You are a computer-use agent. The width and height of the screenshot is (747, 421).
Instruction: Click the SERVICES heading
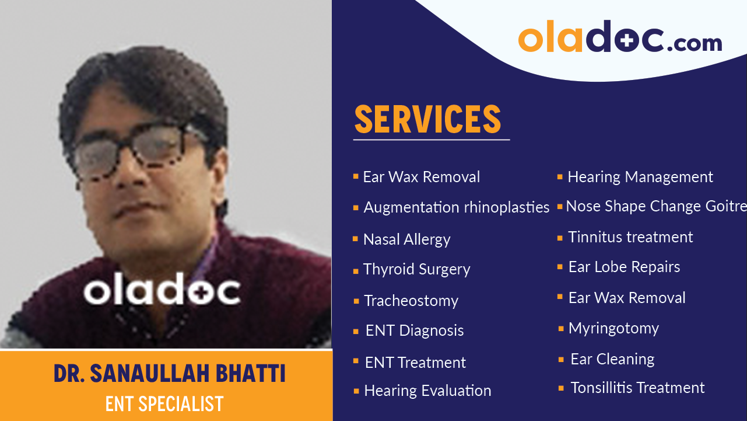(x=427, y=119)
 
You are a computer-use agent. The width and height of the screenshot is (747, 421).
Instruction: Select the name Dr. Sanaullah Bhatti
(x=170, y=374)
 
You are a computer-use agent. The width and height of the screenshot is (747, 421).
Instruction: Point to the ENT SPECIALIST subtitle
(x=164, y=403)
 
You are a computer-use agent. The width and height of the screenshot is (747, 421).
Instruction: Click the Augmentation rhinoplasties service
(x=456, y=207)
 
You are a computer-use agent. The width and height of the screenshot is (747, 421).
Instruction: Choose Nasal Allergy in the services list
(x=406, y=239)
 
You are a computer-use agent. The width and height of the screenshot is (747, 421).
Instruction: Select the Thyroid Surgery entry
(x=416, y=269)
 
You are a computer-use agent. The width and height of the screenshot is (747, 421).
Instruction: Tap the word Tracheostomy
(x=411, y=301)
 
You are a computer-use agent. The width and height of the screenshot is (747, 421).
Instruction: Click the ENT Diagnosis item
(x=415, y=330)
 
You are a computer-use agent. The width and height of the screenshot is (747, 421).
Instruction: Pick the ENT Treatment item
(x=415, y=363)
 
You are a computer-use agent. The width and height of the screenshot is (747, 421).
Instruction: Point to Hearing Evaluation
(x=427, y=391)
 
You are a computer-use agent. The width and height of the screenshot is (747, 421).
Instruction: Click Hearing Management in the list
(x=640, y=177)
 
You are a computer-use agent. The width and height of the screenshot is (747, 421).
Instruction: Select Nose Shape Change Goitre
(x=655, y=206)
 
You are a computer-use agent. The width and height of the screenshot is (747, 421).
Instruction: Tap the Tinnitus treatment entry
(x=630, y=237)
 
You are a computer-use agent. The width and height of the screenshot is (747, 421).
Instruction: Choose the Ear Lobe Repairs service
(x=624, y=267)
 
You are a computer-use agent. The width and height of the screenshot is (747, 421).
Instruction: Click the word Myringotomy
(x=613, y=328)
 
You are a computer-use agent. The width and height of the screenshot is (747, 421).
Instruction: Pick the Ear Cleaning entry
(x=612, y=359)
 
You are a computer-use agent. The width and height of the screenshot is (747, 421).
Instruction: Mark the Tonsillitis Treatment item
(x=637, y=388)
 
